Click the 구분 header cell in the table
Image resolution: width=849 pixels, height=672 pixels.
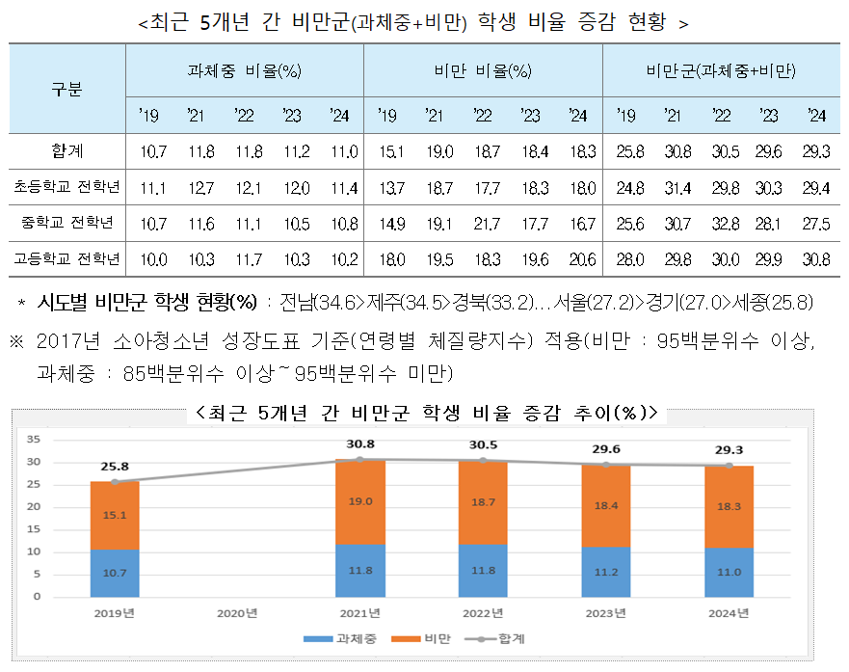point(66,90)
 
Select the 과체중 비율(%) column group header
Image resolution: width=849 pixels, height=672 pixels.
point(244,71)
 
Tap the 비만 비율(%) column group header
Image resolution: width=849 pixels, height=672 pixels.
point(482,71)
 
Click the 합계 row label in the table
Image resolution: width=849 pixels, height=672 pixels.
point(66,150)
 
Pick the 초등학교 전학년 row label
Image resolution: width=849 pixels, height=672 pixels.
point(66,187)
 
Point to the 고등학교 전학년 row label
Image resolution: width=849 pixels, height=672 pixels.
point(66,258)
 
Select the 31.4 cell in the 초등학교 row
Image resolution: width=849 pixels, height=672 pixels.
point(675,187)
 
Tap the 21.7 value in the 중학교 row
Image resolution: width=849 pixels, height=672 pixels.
point(483,223)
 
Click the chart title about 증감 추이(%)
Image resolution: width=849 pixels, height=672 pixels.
point(425,413)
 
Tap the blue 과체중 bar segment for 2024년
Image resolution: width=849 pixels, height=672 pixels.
point(730,572)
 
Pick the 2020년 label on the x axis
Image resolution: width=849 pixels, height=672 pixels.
point(236,611)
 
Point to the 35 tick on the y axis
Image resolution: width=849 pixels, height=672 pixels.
point(33,440)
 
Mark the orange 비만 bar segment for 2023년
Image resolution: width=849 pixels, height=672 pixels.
point(606,505)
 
